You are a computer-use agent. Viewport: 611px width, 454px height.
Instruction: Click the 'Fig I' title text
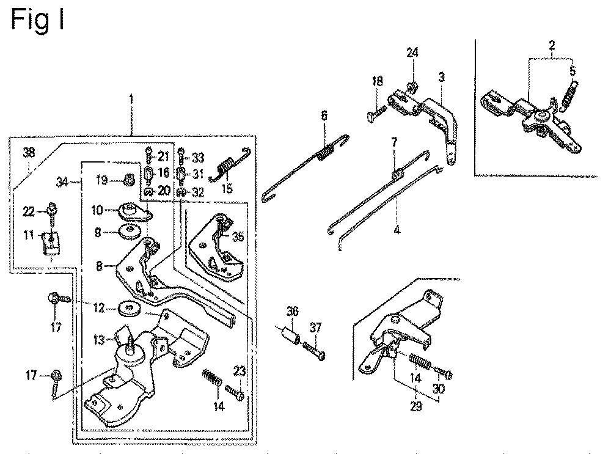tap(37, 20)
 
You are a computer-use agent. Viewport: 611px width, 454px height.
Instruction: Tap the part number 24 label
tap(412, 52)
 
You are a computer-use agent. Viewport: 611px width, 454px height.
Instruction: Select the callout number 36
tap(292, 311)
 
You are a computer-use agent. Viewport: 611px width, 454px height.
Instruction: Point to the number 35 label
tap(238, 236)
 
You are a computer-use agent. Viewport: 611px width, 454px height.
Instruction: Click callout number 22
tap(29, 211)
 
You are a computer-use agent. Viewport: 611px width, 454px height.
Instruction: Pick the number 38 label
tap(29, 152)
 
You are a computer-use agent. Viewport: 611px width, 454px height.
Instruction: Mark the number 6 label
tap(324, 115)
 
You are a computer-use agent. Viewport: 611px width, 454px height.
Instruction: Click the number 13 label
tap(98, 340)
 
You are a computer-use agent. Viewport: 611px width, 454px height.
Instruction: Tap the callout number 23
tap(240, 371)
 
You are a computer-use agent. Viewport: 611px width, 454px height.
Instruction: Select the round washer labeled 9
tap(128, 233)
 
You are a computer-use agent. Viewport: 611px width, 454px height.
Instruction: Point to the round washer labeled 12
tap(128, 309)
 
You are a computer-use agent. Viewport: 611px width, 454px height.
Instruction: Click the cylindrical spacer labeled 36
tap(290, 335)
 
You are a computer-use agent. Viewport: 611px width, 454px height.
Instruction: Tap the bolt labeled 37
tap(313, 350)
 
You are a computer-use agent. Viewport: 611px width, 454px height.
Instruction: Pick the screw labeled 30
tap(442, 373)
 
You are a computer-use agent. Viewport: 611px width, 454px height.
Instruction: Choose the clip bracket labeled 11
tap(51, 243)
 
